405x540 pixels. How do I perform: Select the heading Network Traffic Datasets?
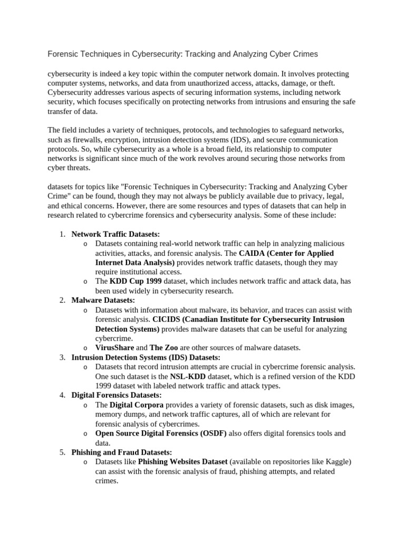coord(115,234)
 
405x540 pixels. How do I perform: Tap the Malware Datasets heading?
coord(103,300)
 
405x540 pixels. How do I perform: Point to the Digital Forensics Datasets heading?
coord(117,395)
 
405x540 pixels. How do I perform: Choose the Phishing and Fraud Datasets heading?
coord(121,452)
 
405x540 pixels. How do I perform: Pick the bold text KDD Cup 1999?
coord(136,281)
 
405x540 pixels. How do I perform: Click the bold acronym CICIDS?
coord(166,319)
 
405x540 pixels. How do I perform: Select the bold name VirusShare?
coord(114,348)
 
